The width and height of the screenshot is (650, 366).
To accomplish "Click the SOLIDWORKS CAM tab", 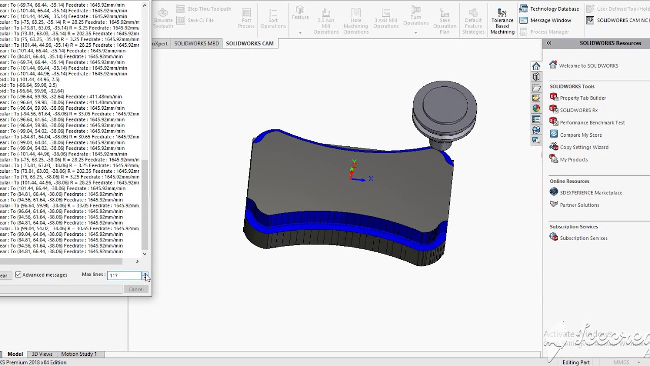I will point(249,43).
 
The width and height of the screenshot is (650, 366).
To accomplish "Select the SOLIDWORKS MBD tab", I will point(197,43).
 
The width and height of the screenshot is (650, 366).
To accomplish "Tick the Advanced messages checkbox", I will point(18,274).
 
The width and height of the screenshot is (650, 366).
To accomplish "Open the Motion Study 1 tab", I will point(79,354).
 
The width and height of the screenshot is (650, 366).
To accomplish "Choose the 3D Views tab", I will point(42,354).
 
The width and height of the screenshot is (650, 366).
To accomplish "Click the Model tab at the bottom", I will point(15,354).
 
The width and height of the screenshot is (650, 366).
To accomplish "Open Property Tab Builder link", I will point(582,98).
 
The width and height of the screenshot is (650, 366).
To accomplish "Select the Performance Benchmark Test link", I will point(592,123).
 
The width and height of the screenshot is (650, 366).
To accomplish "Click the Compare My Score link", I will point(580,135).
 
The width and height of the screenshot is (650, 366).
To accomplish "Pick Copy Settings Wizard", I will point(583,147).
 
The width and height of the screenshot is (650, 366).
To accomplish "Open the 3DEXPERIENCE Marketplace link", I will point(591,193).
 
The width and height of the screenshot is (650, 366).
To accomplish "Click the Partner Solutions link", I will point(579,205).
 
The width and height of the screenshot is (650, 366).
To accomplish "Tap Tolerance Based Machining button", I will point(502,21).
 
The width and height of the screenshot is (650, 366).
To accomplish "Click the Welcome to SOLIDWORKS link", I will point(588,66).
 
